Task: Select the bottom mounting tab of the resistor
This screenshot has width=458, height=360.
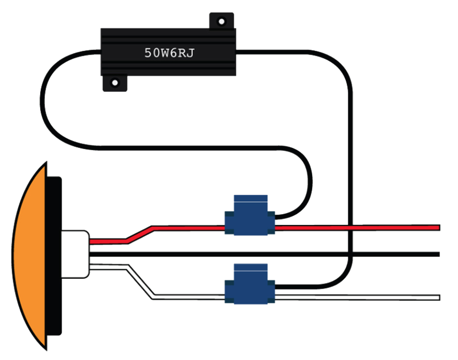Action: click(x=114, y=84)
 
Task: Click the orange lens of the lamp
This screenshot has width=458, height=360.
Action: click(x=29, y=256)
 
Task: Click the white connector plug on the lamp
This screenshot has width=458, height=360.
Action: click(x=75, y=253)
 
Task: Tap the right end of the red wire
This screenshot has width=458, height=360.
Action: click(x=437, y=228)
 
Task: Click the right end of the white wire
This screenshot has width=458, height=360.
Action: click(x=437, y=298)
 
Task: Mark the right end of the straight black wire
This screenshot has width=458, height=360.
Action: click(x=437, y=254)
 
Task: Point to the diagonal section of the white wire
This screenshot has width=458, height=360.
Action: click(x=140, y=281)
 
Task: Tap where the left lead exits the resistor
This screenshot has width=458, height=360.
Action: click(x=101, y=53)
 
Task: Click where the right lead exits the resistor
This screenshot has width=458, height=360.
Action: click(x=237, y=53)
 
